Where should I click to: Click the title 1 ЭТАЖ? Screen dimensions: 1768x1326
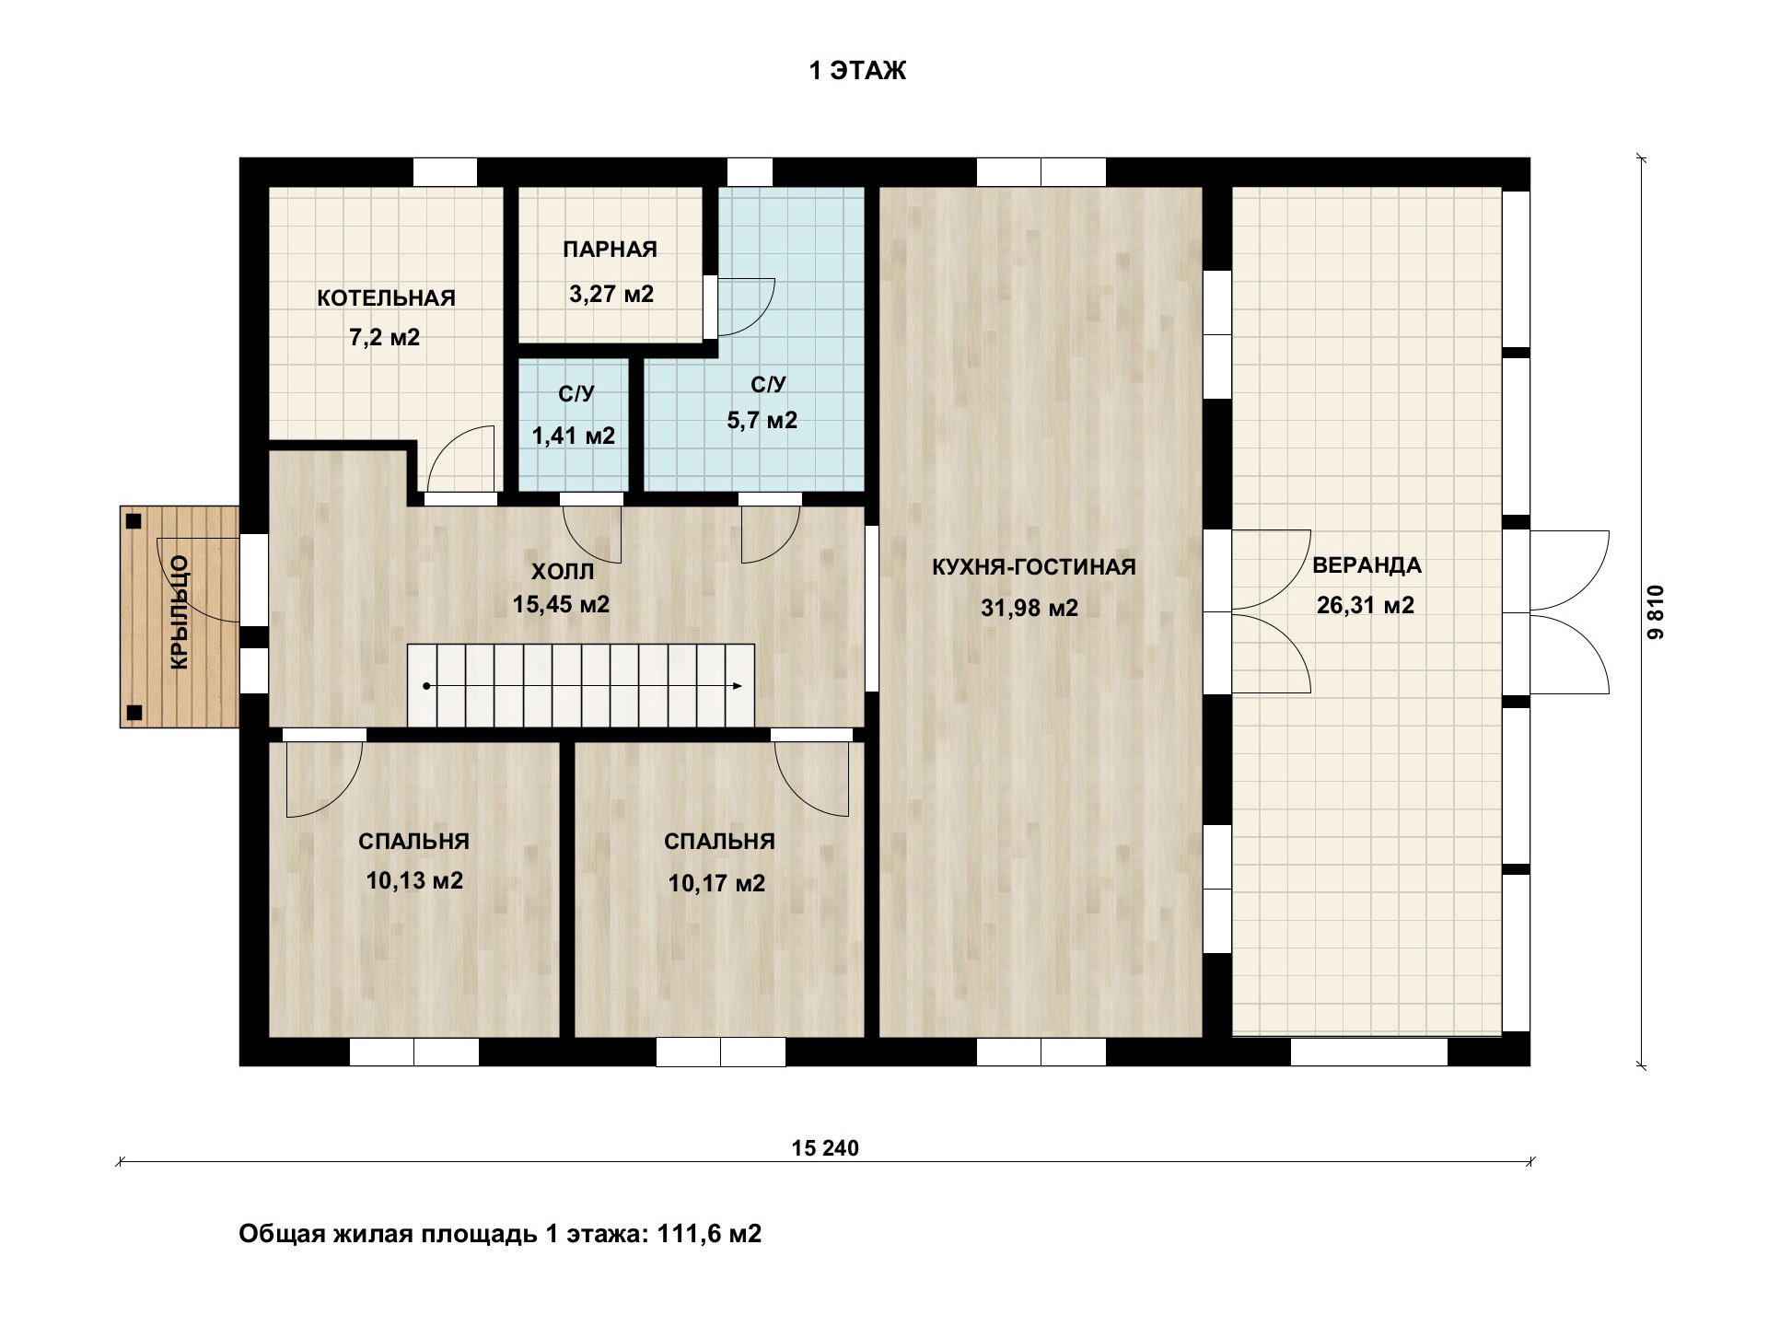857,71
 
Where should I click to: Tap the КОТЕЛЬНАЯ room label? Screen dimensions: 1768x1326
386,298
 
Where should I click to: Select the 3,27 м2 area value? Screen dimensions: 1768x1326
611,295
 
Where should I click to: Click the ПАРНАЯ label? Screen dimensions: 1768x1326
611,250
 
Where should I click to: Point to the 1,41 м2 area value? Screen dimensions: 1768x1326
574,436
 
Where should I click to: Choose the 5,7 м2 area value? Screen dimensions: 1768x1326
762,421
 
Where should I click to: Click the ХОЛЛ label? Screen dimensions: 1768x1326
563,572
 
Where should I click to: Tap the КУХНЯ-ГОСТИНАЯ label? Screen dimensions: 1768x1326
1034,567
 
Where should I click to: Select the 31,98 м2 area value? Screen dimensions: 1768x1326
1029,608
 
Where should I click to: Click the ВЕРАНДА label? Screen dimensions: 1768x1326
1367,565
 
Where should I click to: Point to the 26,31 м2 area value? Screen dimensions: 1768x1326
1366,605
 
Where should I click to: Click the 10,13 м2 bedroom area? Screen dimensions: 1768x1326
414,881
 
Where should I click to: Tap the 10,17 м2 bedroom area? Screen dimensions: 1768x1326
716,884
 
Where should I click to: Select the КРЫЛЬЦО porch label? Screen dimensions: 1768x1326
180,611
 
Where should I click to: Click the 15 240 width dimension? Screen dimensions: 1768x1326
825,1148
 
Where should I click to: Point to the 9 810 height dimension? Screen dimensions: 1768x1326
1657,612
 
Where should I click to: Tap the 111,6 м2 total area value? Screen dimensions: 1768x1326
709,1234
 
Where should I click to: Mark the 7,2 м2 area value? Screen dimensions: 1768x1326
385,338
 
